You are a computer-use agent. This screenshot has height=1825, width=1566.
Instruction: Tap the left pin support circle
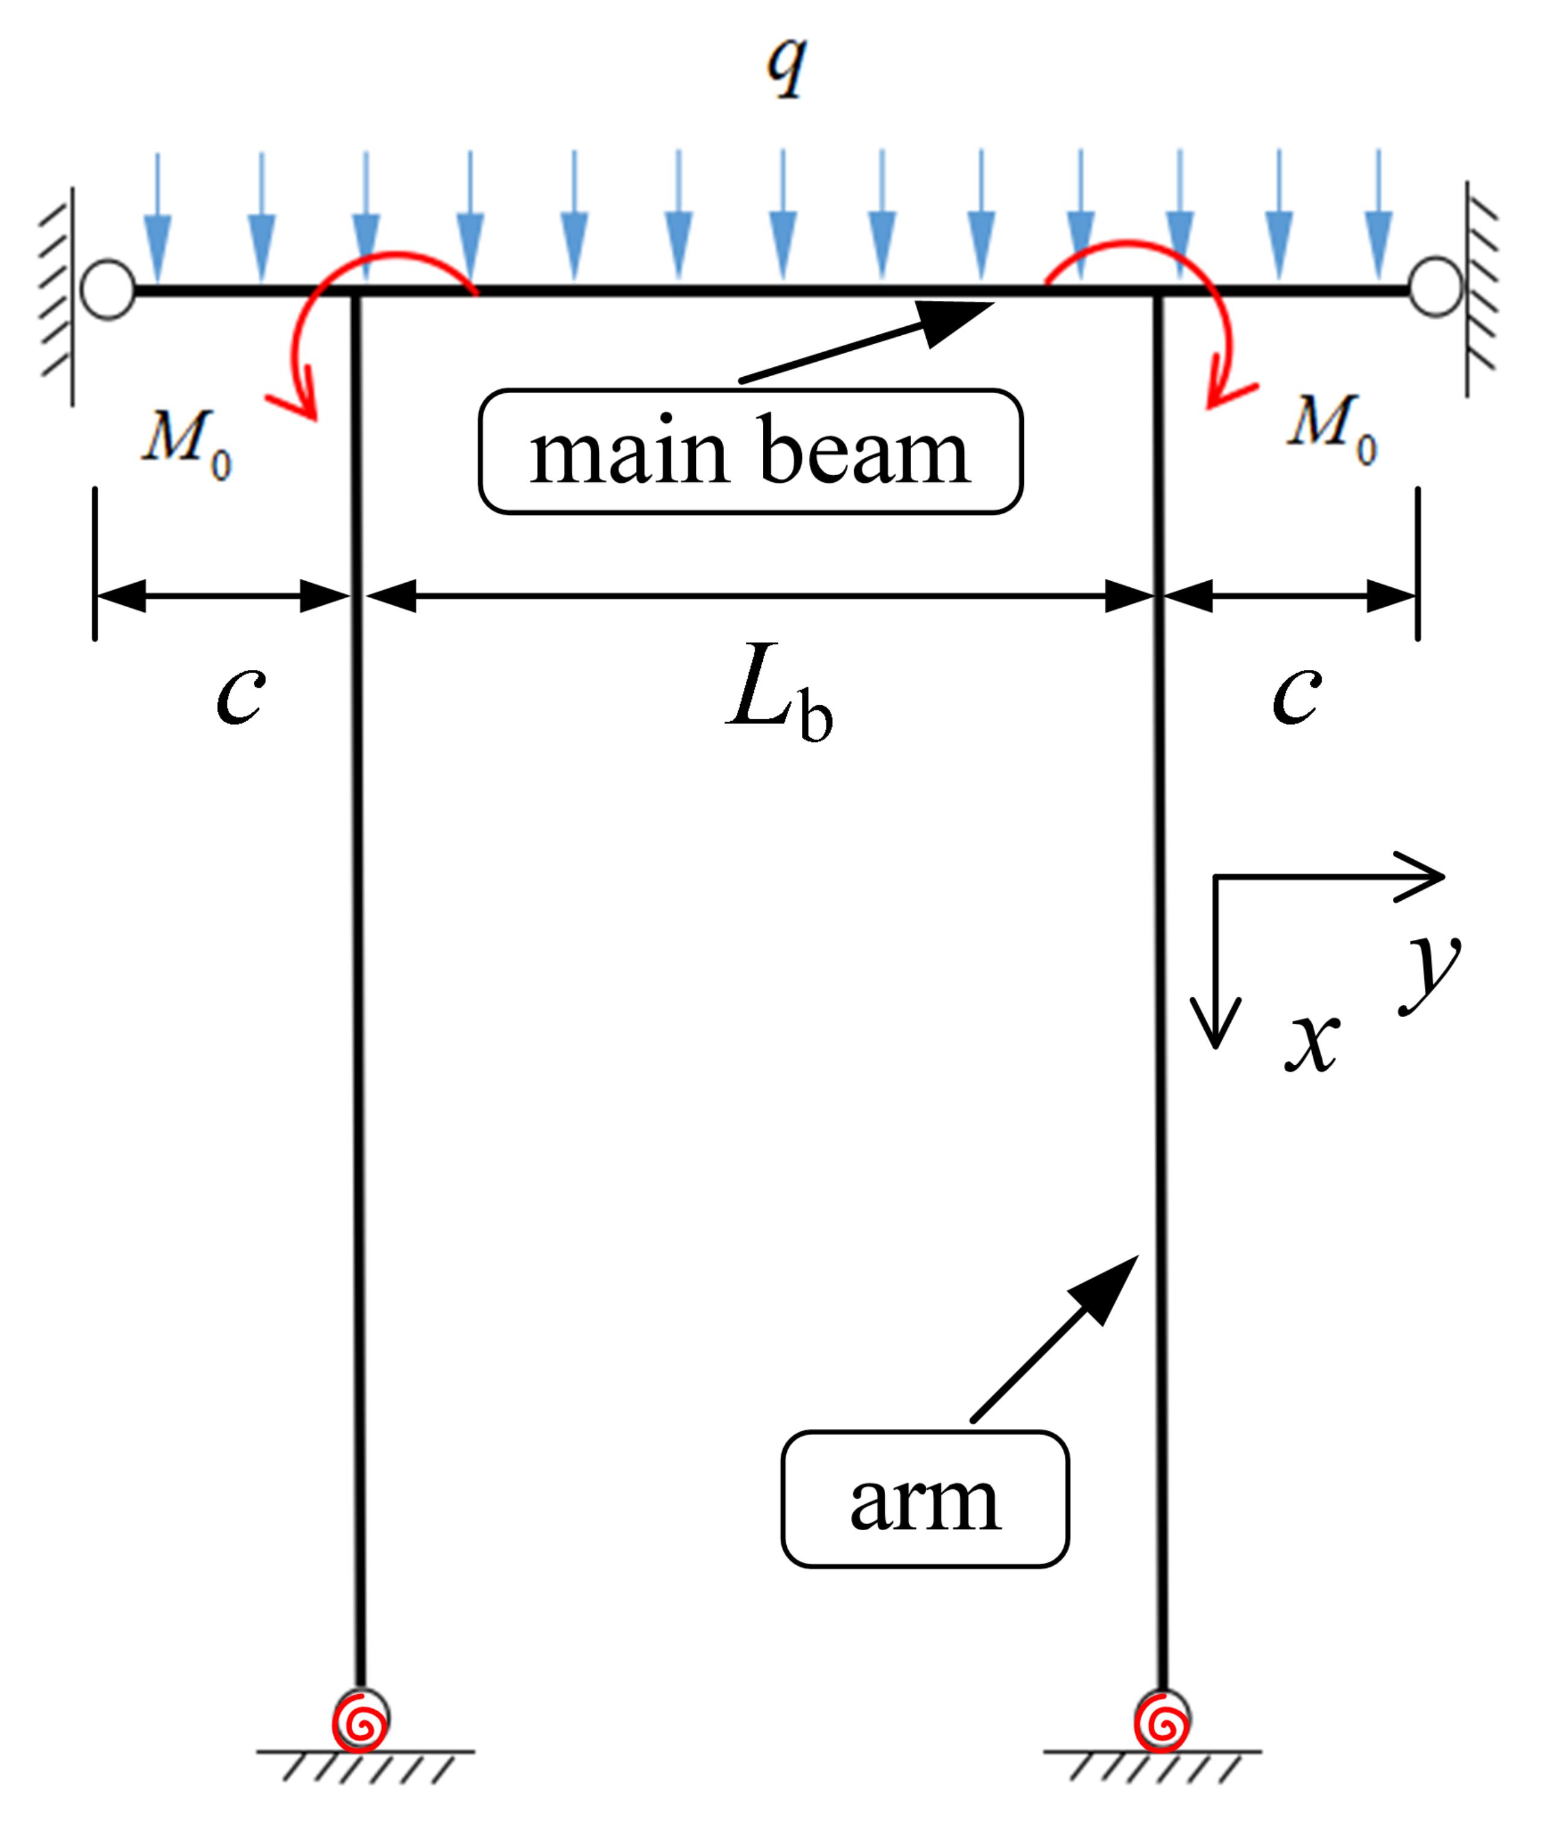click(x=107, y=288)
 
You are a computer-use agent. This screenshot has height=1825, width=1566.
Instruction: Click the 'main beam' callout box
click(x=750, y=451)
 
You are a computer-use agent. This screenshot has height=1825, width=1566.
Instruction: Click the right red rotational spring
click(x=1162, y=1719)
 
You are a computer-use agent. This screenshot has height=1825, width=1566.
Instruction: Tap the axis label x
click(x=1312, y=1043)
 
